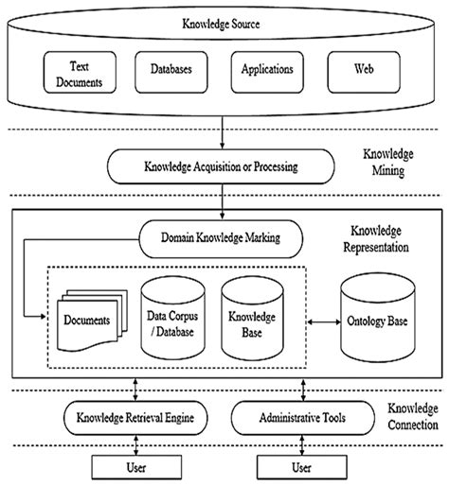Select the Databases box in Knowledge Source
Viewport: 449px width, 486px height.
[x=176, y=69]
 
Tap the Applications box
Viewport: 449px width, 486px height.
[x=268, y=69]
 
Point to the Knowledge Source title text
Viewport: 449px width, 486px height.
[x=224, y=22]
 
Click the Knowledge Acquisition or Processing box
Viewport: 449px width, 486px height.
[x=221, y=167]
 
